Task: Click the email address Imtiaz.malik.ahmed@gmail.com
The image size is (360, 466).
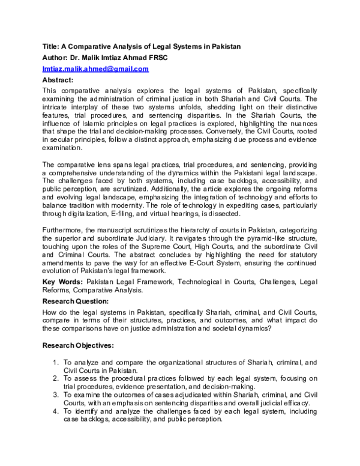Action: click(95, 69)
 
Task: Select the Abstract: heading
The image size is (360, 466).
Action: click(58, 79)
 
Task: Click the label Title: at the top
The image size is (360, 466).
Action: click(52, 47)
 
